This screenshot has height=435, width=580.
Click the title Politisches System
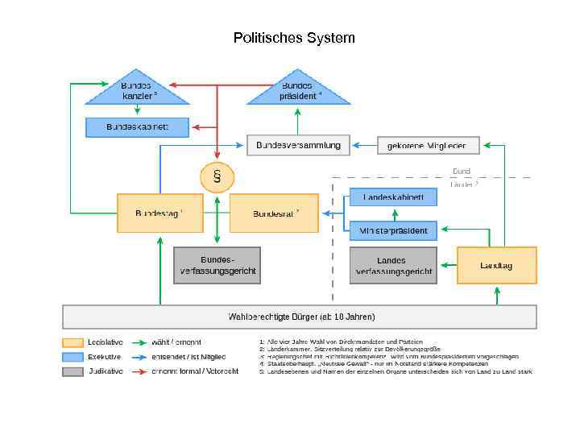[x=293, y=38]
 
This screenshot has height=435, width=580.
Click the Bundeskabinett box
[x=138, y=127]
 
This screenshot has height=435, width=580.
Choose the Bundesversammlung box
[x=298, y=145]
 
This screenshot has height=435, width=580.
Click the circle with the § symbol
[x=217, y=176]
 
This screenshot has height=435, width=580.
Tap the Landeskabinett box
[x=393, y=197]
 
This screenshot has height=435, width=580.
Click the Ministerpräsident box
[x=393, y=231]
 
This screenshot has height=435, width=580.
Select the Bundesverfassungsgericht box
[x=217, y=266]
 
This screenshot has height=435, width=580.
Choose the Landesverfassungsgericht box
[x=392, y=266]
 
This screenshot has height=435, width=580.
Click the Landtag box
[x=496, y=265]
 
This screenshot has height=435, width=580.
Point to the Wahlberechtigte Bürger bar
[x=300, y=317]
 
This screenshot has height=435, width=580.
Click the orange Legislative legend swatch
[x=72, y=342]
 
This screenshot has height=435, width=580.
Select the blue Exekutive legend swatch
[x=72, y=357]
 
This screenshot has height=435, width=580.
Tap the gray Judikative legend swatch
[x=72, y=371]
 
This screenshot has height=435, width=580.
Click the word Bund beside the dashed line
[x=462, y=172]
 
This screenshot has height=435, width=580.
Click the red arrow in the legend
[x=139, y=371]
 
